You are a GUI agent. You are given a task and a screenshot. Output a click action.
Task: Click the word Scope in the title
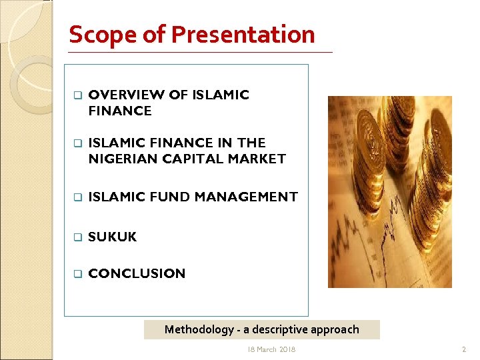point(98,34)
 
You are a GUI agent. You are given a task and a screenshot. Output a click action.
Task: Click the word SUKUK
point(112,237)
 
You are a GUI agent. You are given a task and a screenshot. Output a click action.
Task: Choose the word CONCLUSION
point(137,273)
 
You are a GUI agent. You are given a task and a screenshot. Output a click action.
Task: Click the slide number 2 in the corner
point(464,349)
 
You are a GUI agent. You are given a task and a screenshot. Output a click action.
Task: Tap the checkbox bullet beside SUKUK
point(77,237)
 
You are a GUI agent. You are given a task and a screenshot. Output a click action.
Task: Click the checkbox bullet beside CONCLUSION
point(77,274)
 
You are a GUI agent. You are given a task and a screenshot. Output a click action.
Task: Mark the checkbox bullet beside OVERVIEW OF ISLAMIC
point(77,95)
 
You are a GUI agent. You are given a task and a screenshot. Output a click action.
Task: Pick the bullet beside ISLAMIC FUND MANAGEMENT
point(77,197)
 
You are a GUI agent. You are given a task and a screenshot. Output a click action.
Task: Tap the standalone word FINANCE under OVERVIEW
point(120,111)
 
